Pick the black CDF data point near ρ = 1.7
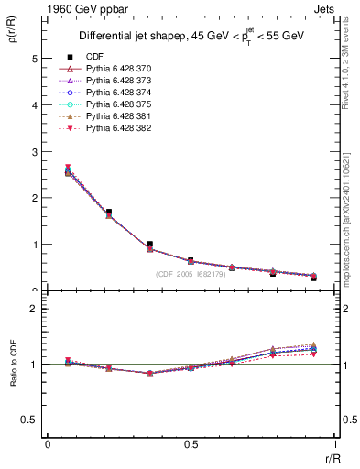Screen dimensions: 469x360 109,212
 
